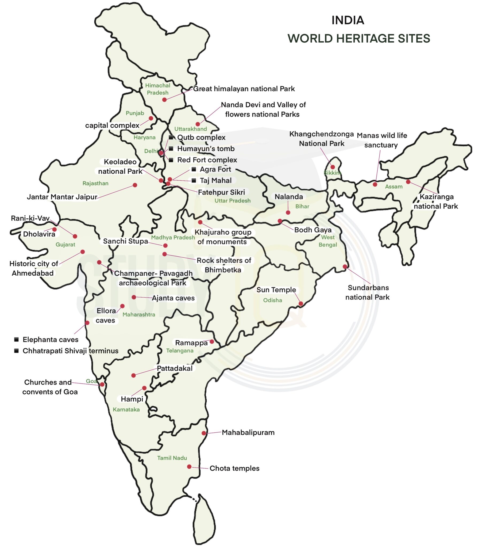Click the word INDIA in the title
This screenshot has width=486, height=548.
(348, 20)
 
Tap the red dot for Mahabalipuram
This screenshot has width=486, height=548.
(204, 433)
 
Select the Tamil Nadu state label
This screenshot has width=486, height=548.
(172, 458)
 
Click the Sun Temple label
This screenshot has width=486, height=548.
(276, 290)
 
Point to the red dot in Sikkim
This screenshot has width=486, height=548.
(333, 167)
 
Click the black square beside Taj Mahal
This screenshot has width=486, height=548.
(194, 180)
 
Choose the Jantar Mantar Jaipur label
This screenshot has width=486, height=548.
(62, 197)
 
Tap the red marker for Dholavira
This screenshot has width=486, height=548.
(54, 230)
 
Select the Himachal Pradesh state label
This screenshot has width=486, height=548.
(157, 89)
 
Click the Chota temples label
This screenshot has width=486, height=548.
(234, 468)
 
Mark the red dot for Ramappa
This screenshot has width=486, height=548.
(212, 341)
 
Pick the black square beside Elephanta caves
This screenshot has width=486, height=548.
(16, 339)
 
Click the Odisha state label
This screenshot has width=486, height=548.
(272, 300)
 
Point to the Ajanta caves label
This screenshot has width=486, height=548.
(173, 298)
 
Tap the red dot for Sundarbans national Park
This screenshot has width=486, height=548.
(345, 267)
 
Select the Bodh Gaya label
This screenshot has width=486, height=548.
(313, 230)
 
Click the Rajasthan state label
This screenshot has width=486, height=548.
(95, 183)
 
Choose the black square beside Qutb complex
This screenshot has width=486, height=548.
(171, 137)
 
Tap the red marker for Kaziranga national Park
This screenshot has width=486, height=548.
(408, 182)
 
